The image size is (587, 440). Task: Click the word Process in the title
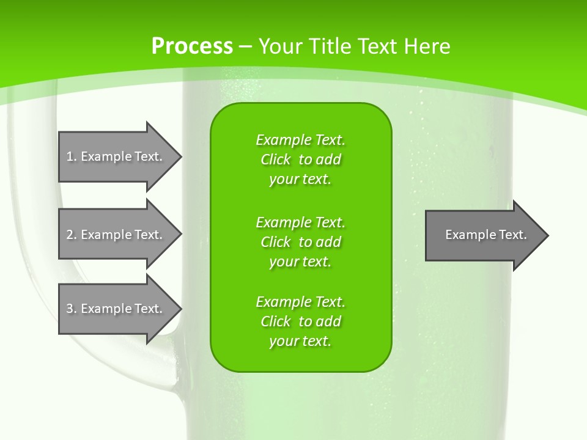tap(192, 46)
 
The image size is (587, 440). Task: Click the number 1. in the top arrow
tap(72, 156)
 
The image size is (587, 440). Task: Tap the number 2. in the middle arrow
tap(72, 235)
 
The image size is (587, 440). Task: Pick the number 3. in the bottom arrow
tap(72, 309)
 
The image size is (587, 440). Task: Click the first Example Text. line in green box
tap(300, 140)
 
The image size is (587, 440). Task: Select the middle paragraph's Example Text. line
tap(300, 222)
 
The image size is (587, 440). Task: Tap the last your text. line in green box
tap(300, 341)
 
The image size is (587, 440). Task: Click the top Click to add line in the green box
tap(300, 159)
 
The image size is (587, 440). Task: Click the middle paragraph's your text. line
tap(300, 261)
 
